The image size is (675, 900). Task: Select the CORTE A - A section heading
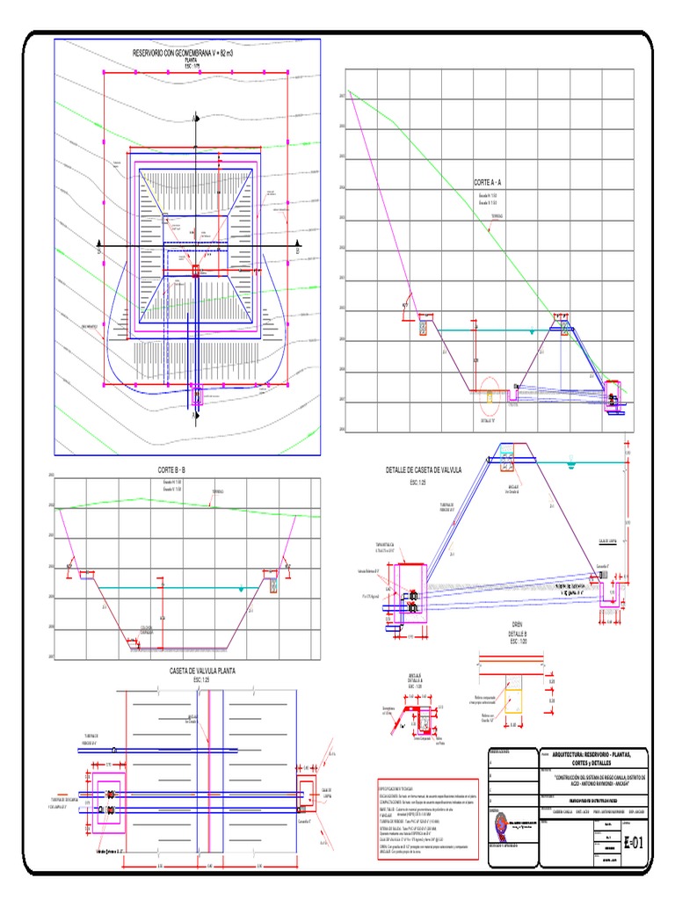(487, 182)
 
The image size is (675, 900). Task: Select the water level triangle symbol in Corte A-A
(531, 331)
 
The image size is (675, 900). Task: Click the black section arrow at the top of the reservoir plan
(195, 115)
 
